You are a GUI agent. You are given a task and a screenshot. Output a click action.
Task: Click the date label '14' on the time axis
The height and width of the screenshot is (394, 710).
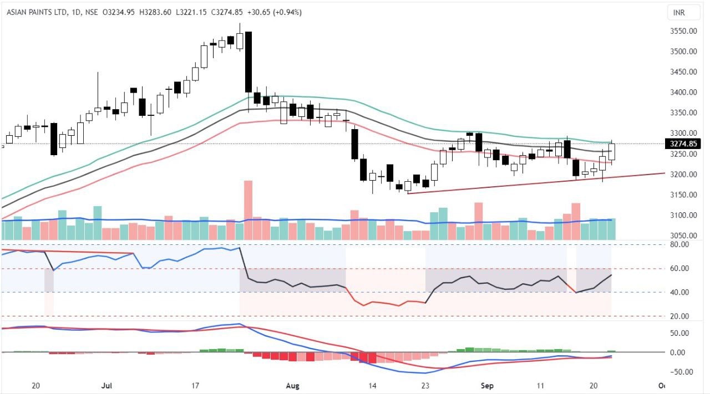[372, 386]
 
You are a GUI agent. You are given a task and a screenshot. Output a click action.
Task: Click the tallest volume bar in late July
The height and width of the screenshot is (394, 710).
[248, 210]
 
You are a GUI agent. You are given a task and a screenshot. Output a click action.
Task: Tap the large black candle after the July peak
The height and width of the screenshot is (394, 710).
[248, 62]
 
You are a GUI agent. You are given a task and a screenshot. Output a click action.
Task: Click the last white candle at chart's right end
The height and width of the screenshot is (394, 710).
[612, 151]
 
